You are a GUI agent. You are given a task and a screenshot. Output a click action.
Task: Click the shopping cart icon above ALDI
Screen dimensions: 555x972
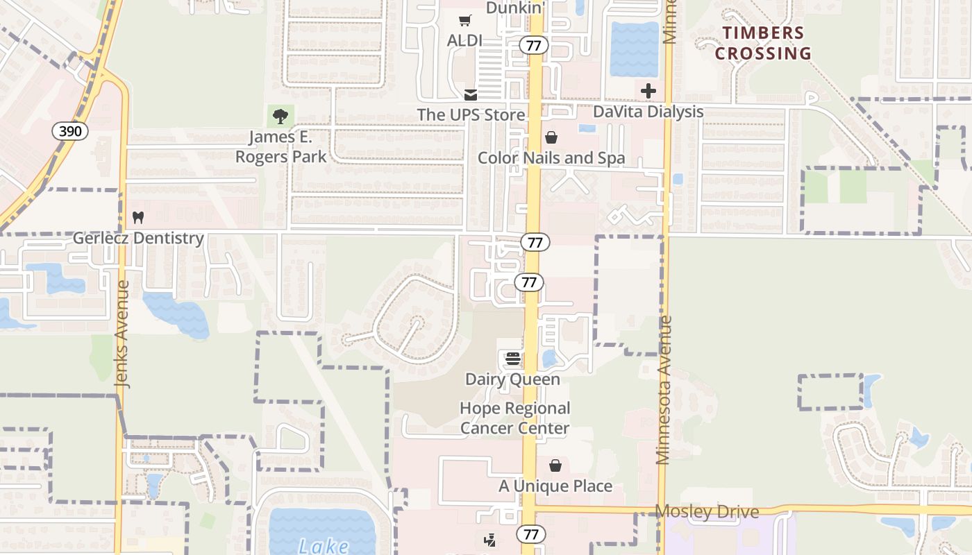click(x=464, y=21)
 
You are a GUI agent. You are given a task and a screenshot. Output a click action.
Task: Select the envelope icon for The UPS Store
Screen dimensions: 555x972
click(x=471, y=94)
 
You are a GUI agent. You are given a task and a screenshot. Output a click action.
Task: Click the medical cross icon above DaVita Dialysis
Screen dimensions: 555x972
click(x=648, y=91)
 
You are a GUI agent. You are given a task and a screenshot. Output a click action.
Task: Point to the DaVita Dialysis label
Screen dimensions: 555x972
click(x=648, y=112)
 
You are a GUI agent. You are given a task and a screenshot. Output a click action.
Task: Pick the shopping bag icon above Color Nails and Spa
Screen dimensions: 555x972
click(x=551, y=137)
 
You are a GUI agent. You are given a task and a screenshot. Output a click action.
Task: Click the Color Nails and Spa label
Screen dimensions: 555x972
click(x=551, y=158)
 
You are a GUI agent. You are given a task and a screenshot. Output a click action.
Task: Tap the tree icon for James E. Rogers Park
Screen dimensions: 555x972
click(x=280, y=116)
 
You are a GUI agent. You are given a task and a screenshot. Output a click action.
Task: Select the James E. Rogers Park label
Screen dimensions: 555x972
click(x=280, y=146)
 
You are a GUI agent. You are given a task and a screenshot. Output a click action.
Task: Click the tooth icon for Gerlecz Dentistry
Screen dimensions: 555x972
click(x=137, y=217)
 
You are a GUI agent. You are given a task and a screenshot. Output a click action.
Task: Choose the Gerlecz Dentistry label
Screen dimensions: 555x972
click(x=139, y=238)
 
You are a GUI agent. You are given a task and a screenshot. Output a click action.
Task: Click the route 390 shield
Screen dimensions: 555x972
click(x=69, y=130)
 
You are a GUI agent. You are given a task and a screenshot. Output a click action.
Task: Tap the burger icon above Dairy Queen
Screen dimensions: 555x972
click(x=512, y=359)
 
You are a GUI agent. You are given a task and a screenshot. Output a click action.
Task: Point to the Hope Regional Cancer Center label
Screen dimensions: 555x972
click(x=514, y=418)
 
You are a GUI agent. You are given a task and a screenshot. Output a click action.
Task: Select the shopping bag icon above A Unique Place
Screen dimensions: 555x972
click(x=555, y=466)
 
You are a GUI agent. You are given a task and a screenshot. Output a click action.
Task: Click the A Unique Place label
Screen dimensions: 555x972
click(x=555, y=486)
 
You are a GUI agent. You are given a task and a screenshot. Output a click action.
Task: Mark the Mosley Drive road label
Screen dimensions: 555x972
click(x=707, y=512)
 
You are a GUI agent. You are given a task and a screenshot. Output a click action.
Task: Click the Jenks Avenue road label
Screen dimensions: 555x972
click(x=122, y=334)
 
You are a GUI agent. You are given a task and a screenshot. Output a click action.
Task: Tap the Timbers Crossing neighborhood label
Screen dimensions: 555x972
click(x=763, y=43)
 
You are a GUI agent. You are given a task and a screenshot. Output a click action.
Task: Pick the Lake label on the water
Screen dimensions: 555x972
click(x=324, y=546)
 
